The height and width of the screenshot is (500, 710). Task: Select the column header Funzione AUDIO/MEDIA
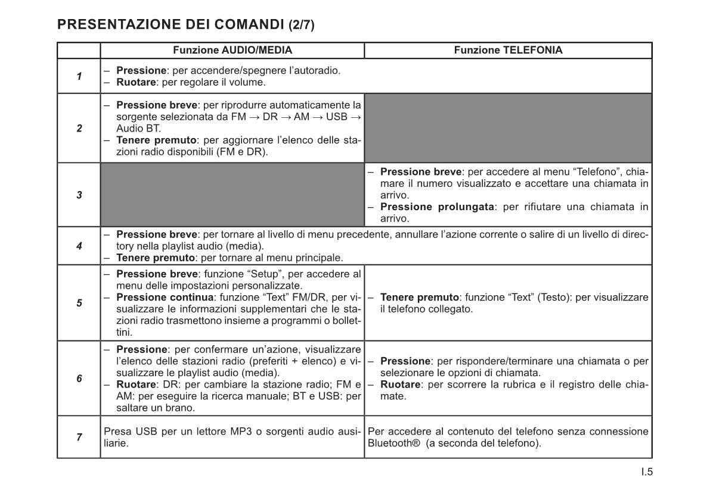coord(232,51)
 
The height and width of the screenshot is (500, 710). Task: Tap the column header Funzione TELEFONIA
coord(508,51)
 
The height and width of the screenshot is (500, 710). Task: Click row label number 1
coord(79,76)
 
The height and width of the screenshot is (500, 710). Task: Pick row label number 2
coord(79,128)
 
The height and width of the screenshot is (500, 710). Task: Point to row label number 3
coord(79,195)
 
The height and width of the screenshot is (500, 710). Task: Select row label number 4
coord(79,245)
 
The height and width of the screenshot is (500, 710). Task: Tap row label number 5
coord(79,303)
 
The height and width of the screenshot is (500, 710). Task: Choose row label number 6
coord(79,379)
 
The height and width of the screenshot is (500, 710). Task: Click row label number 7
coord(79,437)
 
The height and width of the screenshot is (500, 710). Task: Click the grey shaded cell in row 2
coord(508,128)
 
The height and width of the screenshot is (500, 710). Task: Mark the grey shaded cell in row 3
coord(232,195)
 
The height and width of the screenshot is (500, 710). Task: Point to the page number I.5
coord(647,473)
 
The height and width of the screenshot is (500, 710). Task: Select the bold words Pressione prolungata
coord(438,207)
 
